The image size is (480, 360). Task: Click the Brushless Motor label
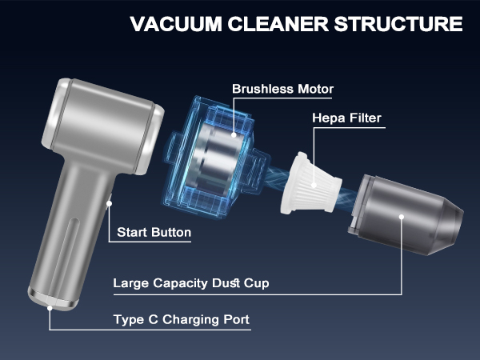click(282, 89)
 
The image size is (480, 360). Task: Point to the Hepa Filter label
click(347, 118)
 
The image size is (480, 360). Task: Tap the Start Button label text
click(154, 233)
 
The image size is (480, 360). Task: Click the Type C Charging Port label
click(181, 320)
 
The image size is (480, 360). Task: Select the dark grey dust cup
click(396, 212)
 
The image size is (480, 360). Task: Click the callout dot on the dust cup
click(402, 217)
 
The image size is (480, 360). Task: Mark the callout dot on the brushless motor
click(234, 135)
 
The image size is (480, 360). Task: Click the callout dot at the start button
click(110, 203)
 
